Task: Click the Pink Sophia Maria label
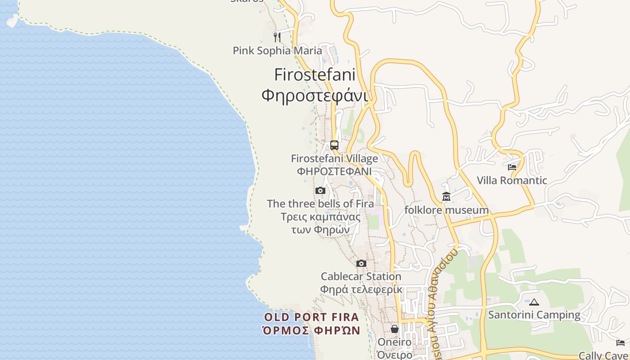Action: [x=277, y=50]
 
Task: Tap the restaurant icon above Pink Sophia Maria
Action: [x=277, y=37]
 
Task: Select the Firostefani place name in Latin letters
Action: [x=315, y=74]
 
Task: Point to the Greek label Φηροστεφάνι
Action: [x=315, y=95]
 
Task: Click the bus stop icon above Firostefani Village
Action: [x=334, y=145]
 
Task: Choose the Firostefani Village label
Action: [x=334, y=158]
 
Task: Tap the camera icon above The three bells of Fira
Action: [x=320, y=190]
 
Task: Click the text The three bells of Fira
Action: [x=320, y=203]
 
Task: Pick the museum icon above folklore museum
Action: [x=446, y=197]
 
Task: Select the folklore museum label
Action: [x=446, y=210]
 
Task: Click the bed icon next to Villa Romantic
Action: [x=512, y=167]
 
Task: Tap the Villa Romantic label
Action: [x=512, y=180]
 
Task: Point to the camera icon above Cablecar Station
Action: [x=361, y=263]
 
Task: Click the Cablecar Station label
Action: [x=361, y=276]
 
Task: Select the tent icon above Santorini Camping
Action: [x=534, y=302]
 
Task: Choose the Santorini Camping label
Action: [x=534, y=315]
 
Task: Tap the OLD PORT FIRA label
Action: [x=311, y=317]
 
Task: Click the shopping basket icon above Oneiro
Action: [x=395, y=329]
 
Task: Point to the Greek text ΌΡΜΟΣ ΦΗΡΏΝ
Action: [x=311, y=330]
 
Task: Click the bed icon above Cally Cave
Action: [x=621, y=343]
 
